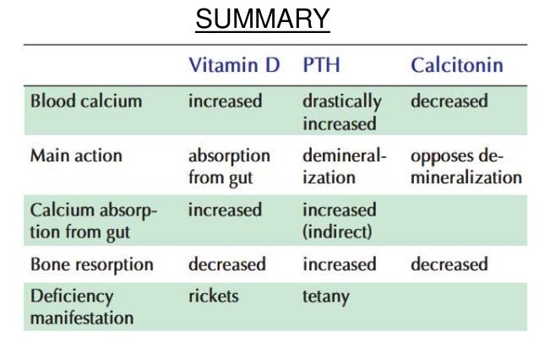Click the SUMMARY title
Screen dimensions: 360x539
click(262, 19)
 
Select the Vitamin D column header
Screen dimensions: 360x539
click(234, 65)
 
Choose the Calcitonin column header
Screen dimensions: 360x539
click(457, 65)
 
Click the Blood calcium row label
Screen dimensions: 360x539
click(86, 101)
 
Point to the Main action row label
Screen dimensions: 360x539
click(76, 156)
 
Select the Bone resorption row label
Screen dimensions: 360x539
click(92, 265)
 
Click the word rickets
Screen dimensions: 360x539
click(213, 297)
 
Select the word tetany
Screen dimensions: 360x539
click(326, 297)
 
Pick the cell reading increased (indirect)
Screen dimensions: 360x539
click(340, 220)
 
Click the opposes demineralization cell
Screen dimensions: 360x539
click(465, 166)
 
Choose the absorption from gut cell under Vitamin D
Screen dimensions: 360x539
click(229, 166)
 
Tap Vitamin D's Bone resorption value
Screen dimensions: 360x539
click(226, 265)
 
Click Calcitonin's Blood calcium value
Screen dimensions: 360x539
click(449, 101)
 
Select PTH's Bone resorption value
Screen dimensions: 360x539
click(340, 265)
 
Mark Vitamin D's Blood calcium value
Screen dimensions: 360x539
click(225, 101)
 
